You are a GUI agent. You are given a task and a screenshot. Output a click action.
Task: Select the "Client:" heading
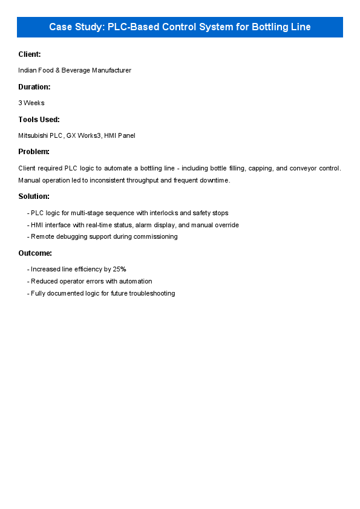30,54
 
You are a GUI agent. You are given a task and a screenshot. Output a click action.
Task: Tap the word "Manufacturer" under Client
112,71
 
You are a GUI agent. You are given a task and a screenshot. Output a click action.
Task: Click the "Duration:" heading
34,87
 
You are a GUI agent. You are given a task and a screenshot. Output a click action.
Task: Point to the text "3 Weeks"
31,103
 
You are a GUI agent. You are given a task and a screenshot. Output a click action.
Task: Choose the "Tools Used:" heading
39,120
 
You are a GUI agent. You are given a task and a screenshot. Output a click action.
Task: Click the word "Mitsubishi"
33,136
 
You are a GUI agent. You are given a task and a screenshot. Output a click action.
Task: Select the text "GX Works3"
83,136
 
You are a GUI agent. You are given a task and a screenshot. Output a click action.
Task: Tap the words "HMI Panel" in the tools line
120,136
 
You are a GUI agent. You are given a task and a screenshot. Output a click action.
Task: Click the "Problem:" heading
34,152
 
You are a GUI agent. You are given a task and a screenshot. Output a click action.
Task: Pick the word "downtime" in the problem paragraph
214,180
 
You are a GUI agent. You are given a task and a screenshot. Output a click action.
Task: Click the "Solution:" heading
34,196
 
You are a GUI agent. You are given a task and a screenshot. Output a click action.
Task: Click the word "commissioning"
157,237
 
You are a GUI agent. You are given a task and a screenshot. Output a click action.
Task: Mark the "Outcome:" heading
35,253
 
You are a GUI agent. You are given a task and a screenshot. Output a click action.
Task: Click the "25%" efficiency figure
119,270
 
